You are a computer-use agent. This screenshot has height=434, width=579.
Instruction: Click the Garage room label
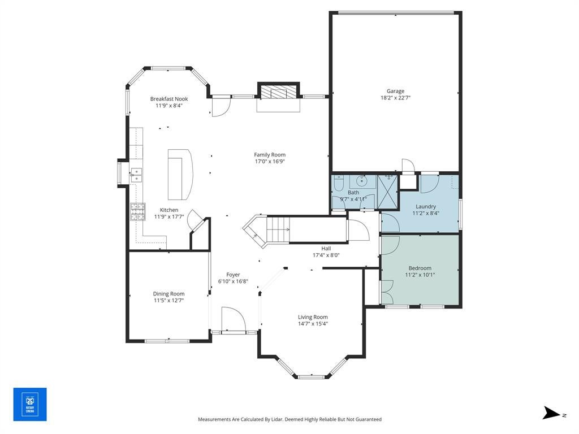tap(395, 91)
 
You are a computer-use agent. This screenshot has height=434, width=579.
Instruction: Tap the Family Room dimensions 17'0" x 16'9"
tap(270, 161)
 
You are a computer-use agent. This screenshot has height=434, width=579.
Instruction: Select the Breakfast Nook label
tap(169, 99)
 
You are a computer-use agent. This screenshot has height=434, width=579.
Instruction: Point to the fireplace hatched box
tap(278, 92)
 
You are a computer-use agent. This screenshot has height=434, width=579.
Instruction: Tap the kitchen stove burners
tap(137, 212)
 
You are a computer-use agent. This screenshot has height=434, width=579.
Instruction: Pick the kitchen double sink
tap(136, 175)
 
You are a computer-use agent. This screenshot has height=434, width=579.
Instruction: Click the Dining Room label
tap(168, 294)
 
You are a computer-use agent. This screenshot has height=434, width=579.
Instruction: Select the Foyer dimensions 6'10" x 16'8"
tap(233, 281)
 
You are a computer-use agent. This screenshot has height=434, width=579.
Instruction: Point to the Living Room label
tap(313, 317)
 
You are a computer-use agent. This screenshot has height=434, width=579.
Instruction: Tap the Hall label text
tap(326, 249)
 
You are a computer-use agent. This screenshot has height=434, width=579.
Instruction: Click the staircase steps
tap(278, 229)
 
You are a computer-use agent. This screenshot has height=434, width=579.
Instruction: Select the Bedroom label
tap(420, 268)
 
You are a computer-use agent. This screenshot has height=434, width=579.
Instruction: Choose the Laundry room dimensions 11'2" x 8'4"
tap(426, 213)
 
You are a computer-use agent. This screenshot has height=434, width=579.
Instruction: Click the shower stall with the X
tap(388, 192)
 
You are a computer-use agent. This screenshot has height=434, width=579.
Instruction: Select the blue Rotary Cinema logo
tap(30, 404)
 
